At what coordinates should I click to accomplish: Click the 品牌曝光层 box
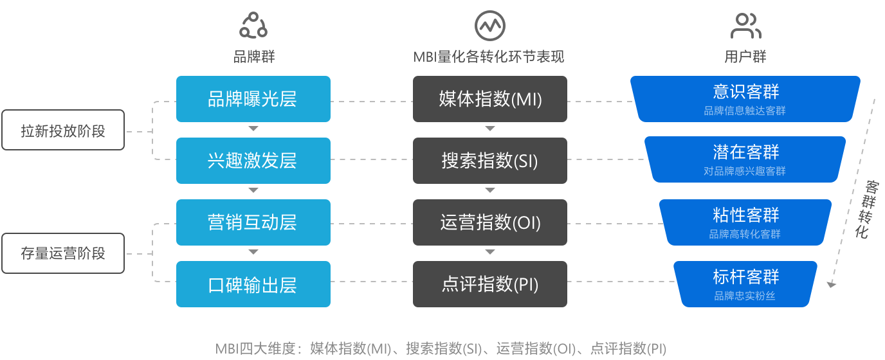click(x=253, y=99)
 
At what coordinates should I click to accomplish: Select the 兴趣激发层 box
click(x=253, y=161)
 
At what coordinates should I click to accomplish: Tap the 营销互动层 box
click(x=253, y=222)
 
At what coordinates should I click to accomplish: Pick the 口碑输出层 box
click(x=253, y=284)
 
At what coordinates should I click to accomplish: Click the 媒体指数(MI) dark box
click(x=490, y=99)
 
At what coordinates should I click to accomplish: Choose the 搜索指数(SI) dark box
click(x=490, y=161)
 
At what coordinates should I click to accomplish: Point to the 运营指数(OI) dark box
click(x=490, y=222)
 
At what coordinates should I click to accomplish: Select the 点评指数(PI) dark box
click(x=490, y=284)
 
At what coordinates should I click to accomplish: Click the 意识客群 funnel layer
click(x=745, y=98)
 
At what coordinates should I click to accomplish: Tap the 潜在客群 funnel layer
click(x=745, y=159)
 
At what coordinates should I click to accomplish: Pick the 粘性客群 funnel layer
click(x=745, y=222)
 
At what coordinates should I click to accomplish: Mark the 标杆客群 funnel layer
click(x=745, y=283)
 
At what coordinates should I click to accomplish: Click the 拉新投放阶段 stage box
click(x=62, y=130)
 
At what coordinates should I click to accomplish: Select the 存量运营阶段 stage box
click(x=62, y=253)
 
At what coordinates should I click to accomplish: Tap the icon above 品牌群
click(x=253, y=26)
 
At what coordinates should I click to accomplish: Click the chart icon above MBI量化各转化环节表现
click(x=490, y=26)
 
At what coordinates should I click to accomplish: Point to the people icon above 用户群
click(x=745, y=26)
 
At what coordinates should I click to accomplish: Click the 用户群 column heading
click(x=745, y=57)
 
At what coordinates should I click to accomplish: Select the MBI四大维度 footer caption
click(x=441, y=349)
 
